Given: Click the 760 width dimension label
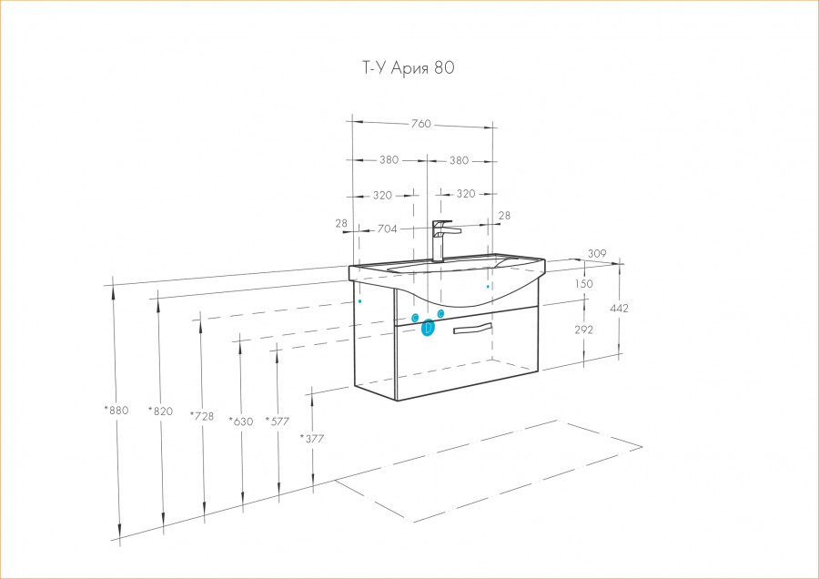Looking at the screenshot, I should [420, 124].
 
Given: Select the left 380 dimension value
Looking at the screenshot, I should [389, 160].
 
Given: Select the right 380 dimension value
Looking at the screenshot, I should [459, 160].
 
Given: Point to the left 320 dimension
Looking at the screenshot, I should [382, 195].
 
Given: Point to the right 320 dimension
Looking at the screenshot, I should [465, 194].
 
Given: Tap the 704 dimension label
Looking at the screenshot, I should [387, 229].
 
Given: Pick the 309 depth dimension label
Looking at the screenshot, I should [596, 253].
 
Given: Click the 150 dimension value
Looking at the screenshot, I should [583, 284].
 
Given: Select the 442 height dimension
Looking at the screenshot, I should [619, 309].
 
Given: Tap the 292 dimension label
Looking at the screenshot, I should [583, 330].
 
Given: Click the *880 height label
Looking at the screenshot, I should [117, 410].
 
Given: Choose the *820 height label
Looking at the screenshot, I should [160, 411].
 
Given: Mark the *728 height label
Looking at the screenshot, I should [202, 416].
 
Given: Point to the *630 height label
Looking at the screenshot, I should [240, 421].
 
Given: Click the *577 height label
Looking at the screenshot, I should [278, 421].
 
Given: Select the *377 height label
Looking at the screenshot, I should [312, 438].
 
